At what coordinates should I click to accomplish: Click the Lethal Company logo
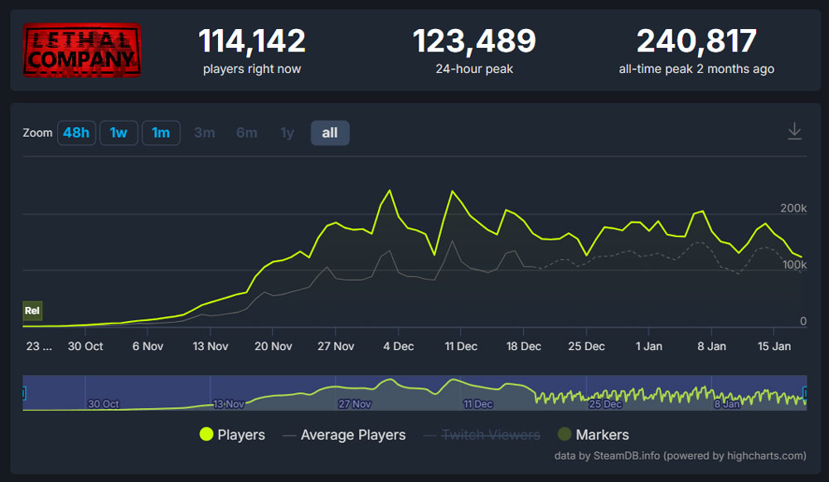81,51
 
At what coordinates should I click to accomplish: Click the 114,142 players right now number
252,41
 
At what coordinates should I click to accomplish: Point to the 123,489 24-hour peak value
474,41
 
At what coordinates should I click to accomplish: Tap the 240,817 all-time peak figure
696,41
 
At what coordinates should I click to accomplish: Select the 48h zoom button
76,133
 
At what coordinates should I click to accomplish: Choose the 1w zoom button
119,133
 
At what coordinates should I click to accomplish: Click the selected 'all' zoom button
330,133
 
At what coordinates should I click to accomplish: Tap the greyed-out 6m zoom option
246,133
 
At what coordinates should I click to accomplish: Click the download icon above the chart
794,132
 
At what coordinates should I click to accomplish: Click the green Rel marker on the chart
32,311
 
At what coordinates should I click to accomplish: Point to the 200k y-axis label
793,207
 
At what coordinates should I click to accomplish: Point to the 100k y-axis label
793,264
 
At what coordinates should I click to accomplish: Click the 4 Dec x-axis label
398,346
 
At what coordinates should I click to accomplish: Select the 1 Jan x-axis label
649,346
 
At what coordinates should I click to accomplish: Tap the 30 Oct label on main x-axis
85,346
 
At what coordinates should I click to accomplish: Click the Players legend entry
232,435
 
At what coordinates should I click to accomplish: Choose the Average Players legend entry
344,435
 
